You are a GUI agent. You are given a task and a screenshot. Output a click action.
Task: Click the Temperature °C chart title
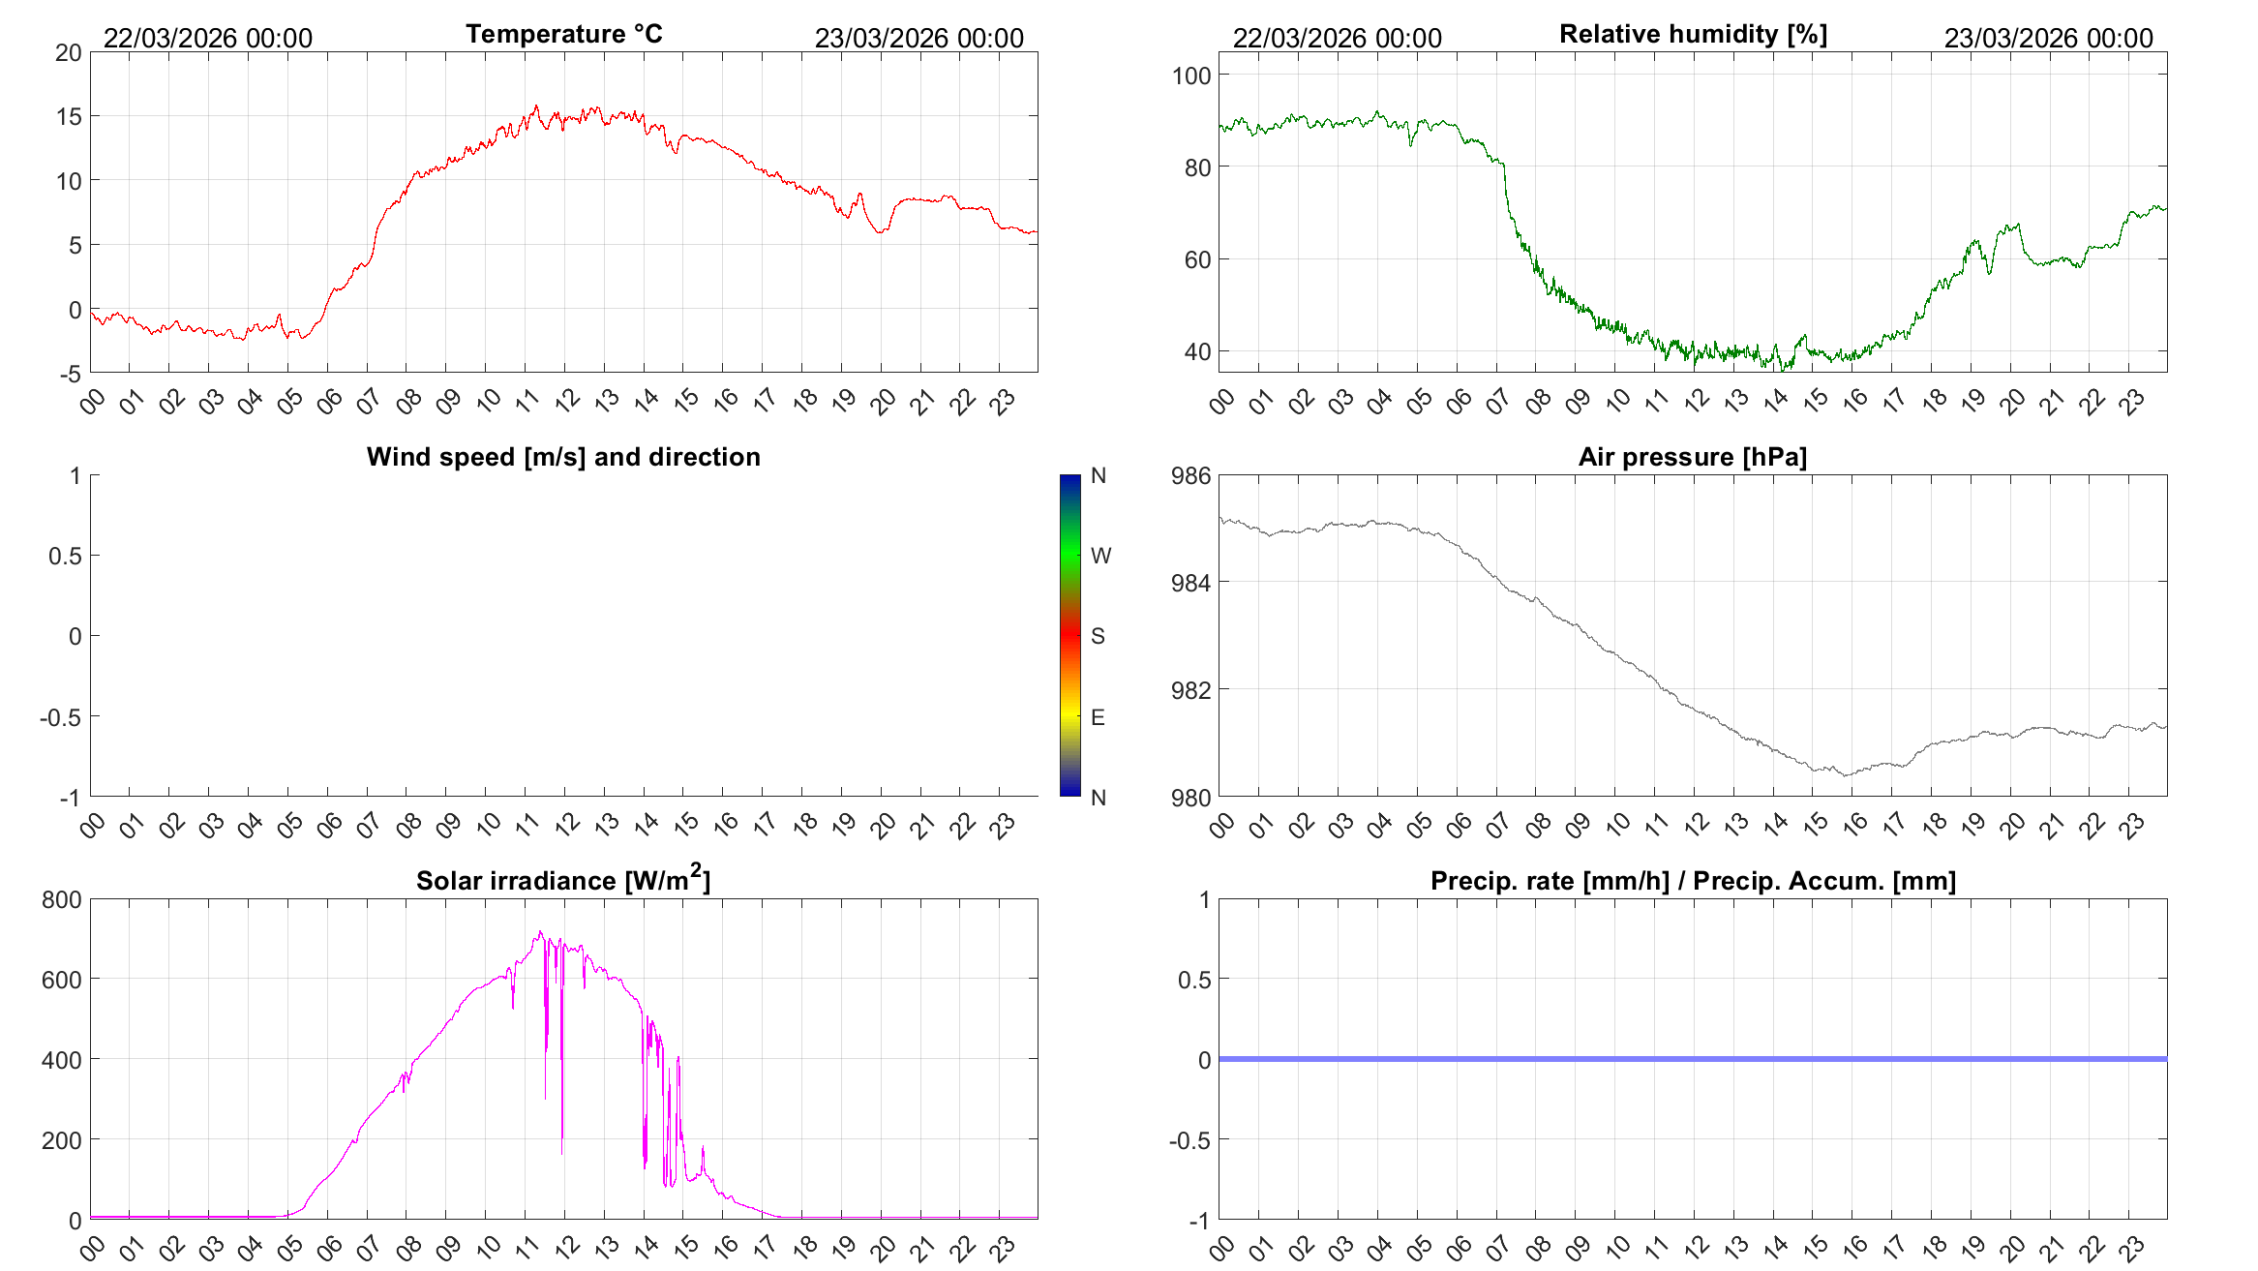(564, 34)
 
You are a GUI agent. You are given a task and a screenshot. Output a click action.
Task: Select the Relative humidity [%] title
(1693, 34)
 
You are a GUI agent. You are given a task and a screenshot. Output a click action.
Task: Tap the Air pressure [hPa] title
(1693, 457)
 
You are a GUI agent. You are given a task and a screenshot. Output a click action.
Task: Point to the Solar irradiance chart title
(563, 879)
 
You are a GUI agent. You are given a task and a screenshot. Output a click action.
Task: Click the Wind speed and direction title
(563, 457)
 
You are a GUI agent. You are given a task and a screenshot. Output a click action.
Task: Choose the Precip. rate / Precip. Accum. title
(1693, 881)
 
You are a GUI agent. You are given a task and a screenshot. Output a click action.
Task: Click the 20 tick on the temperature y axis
(69, 52)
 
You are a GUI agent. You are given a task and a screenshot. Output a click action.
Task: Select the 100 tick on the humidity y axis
(1191, 76)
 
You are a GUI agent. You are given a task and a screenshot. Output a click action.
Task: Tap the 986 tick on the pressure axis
(1191, 475)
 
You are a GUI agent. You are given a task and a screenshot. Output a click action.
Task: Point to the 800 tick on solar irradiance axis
(62, 899)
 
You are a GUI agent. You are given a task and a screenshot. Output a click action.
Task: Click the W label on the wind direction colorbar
(1100, 556)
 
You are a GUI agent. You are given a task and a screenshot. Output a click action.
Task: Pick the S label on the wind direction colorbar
(1098, 636)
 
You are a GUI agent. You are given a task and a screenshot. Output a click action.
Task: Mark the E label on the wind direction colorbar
(1098, 717)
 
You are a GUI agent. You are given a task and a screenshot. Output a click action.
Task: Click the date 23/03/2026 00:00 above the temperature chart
(918, 38)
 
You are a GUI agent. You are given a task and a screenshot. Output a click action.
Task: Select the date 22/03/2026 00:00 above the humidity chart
(1337, 38)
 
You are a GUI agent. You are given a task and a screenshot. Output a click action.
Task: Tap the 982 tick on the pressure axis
(1191, 690)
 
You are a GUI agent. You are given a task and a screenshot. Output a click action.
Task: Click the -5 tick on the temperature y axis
(71, 374)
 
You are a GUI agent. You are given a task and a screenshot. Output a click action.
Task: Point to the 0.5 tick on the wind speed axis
(65, 556)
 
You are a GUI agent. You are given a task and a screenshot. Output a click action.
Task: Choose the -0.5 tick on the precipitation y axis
(1189, 1140)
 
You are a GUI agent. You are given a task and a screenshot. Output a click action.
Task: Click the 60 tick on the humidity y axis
(1198, 259)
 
